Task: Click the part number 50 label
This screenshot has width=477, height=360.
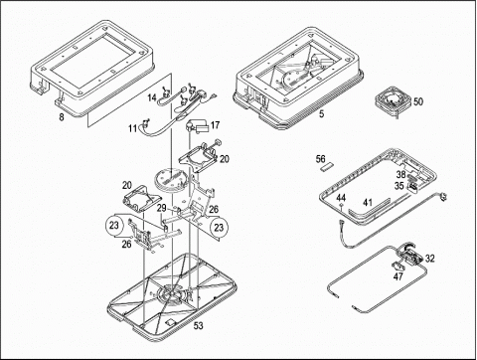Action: click(418, 101)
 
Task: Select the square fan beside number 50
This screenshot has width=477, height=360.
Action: click(394, 100)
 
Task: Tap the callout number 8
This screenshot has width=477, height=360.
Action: click(62, 117)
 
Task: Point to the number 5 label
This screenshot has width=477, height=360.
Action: click(321, 113)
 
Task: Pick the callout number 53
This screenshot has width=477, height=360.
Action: click(198, 326)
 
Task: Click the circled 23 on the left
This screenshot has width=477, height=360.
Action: click(114, 226)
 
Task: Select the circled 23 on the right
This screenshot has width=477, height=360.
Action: click(219, 228)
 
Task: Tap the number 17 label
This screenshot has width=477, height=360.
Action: click(215, 125)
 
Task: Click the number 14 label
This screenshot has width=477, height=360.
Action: click(152, 97)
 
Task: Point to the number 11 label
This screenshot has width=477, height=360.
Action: click(133, 128)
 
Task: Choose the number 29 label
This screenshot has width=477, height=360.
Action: click(162, 208)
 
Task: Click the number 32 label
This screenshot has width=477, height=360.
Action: click(430, 259)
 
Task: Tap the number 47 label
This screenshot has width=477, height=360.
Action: click(398, 275)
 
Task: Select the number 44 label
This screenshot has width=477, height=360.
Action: click(341, 198)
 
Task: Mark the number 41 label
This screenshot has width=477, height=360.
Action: click(368, 202)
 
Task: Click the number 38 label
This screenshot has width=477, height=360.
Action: click(401, 174)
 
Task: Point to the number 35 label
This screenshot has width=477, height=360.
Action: click(399, 186)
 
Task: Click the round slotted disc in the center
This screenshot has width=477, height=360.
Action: click(171, 179)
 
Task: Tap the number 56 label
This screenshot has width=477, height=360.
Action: click(320, 159)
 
